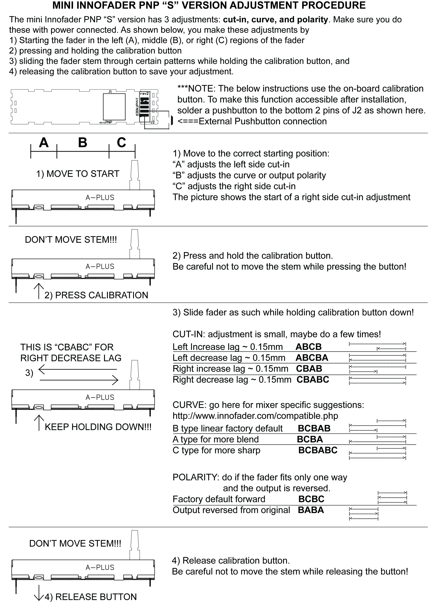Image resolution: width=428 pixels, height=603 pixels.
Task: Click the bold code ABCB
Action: pos(308,347)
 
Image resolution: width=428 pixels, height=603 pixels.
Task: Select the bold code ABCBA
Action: pos(312,358)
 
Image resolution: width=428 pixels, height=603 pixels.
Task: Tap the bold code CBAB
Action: pos(309,368)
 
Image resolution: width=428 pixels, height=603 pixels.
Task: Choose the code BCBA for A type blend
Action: pos(310,439)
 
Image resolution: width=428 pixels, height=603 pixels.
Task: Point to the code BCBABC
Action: pos(318,450)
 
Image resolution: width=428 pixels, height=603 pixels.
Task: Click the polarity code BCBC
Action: pos(311,499)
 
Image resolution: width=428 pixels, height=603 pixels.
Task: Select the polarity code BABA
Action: pos(311,510)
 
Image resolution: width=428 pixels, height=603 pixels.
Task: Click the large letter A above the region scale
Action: pos(44,143)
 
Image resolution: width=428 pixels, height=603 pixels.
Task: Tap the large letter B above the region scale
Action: pos(83,143)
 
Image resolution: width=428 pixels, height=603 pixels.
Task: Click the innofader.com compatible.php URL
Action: pos(255,416)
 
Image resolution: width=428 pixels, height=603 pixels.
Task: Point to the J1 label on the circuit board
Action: pos(110,91)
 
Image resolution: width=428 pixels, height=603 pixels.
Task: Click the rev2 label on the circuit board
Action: pos(144,93)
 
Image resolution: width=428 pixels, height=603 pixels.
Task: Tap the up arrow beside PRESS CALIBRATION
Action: pos(39,291)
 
